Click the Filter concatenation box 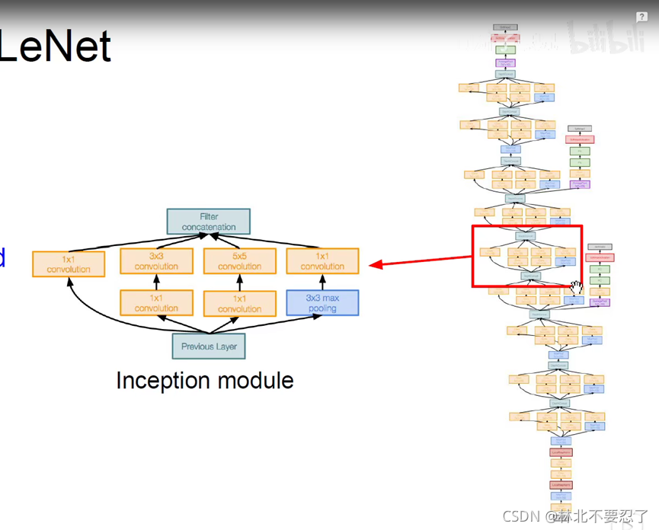tap(208, 222)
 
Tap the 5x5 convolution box tap(239, 261)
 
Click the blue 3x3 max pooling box tap(322, 302)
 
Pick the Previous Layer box tap(209, 346)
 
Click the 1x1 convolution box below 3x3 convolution tap(156, 303)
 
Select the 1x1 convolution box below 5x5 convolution tap(239, 303)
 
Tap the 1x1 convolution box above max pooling tap(322, 261)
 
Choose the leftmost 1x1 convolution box tap(69, 264)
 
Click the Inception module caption tap(204, 380)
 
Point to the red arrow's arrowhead tap(373, 265)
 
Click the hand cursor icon tap(577, 287)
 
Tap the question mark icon tap(642, 17)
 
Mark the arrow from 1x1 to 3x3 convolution tap(156, 282)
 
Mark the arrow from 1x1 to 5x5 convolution tap(239, 282)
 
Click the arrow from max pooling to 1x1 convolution tap(322, 282)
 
